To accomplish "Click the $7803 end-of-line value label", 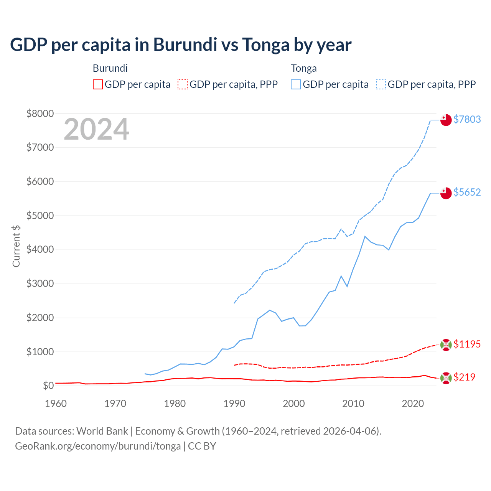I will pos(467,119).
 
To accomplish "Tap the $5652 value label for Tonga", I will pos(467,192).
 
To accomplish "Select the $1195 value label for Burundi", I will pos(467,344).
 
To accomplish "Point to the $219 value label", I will pos(464,377).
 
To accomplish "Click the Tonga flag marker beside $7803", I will pos(446,120).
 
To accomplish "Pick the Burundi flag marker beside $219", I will pos(446,378).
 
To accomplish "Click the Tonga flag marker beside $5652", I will pos(446,193).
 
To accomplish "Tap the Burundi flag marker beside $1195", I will pos(446,345).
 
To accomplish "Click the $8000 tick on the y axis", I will pos(40,114).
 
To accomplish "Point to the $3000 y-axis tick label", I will pos(40,284).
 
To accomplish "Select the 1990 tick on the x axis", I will pos(234,404).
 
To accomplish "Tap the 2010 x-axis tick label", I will pos(353,404).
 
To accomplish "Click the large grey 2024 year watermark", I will pos(96,129).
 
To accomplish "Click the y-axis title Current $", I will pos(16,246).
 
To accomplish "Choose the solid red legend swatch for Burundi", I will pos(98,84).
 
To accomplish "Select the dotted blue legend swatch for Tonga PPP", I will pos(381,84).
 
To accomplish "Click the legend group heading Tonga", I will pos(304,68).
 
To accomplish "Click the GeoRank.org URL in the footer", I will pos(98,446).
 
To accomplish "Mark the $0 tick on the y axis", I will pos(48,386).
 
